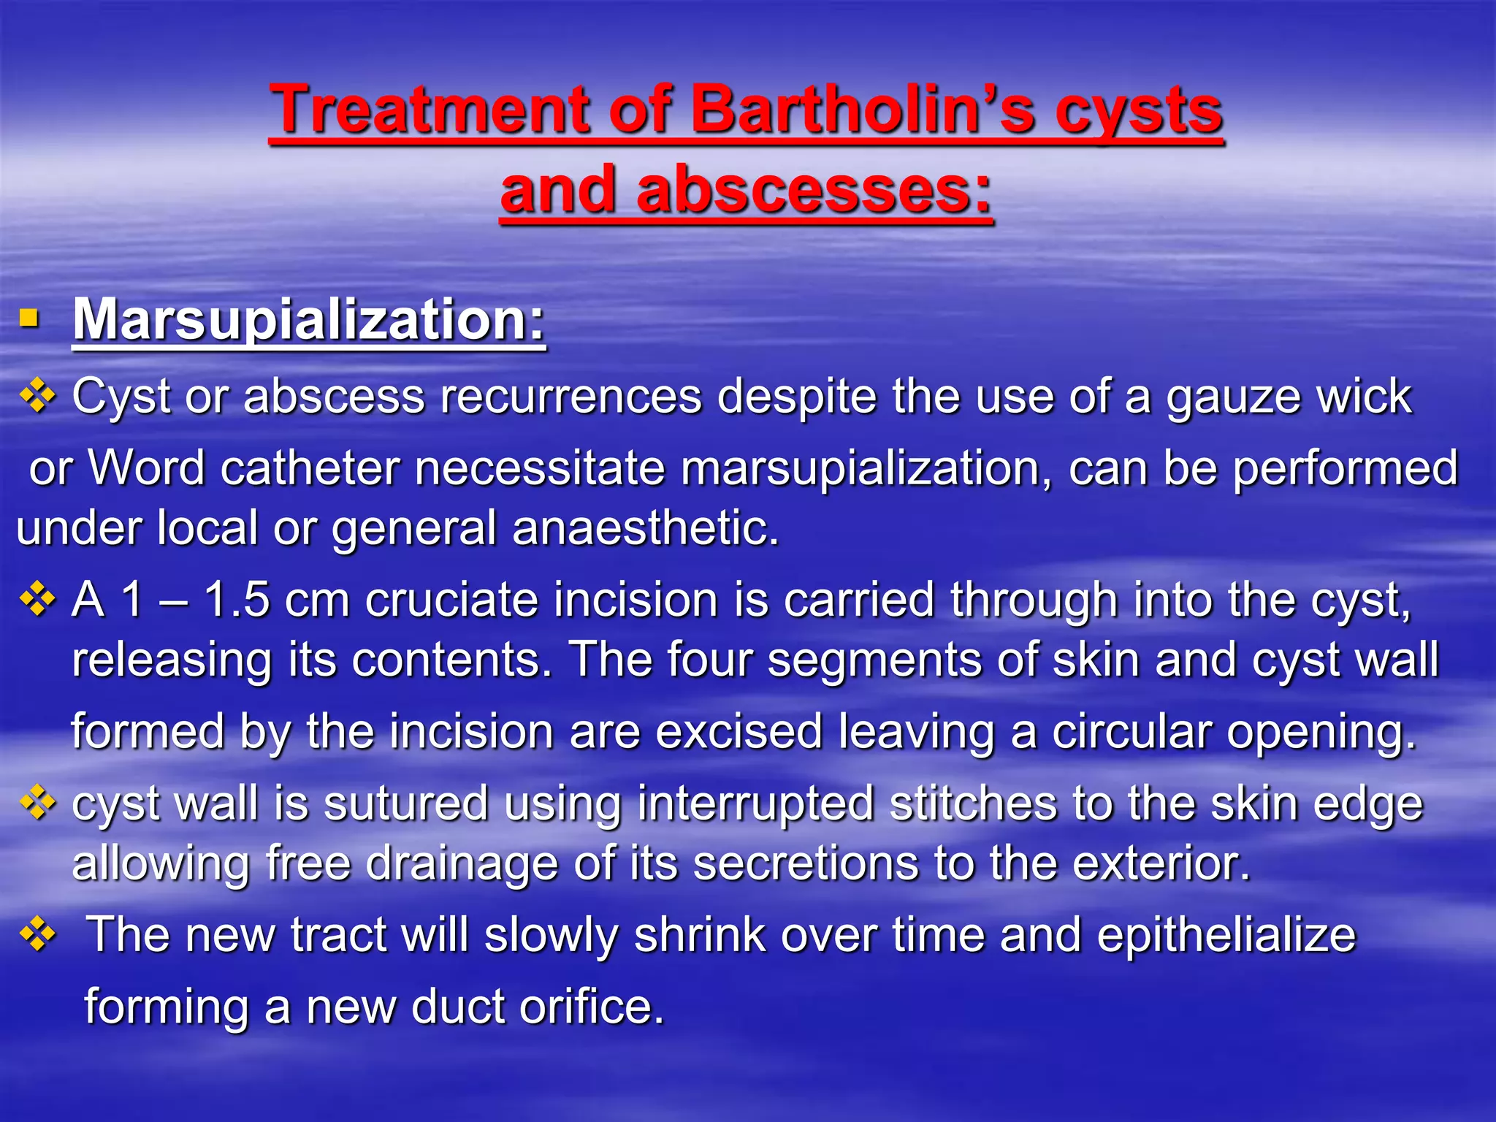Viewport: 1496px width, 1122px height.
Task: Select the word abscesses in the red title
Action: [814, 190]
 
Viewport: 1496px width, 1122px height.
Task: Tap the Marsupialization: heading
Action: [309, 319]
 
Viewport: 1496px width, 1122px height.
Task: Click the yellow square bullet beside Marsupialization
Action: [28, 318]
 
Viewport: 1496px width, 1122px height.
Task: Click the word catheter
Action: [310, 468]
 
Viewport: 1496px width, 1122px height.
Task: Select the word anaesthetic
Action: [646, 528]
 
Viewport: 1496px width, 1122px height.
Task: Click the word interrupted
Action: [755, 804]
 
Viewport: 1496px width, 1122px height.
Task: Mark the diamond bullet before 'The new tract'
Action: [37, 935]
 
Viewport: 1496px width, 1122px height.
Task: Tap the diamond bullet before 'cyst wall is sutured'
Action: [37, 804]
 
